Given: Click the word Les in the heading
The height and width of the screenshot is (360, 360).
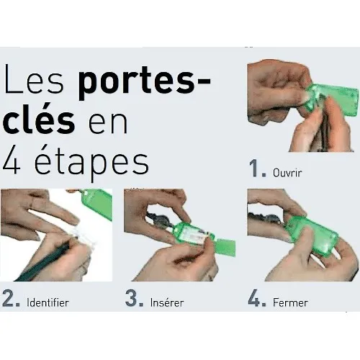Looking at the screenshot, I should click(38, 84).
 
